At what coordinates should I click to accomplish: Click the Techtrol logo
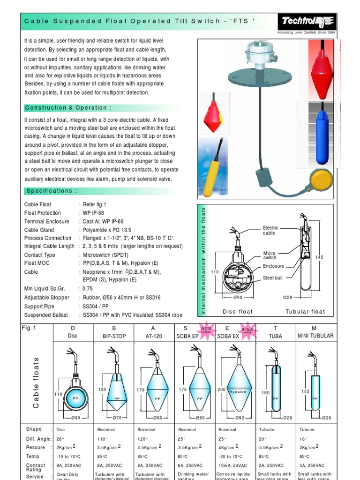[x=307, y=22]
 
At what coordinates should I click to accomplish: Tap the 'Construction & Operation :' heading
[x=68, y=108]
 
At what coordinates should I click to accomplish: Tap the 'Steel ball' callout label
[x=273, y=278]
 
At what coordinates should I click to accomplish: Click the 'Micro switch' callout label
[x=270, y=255]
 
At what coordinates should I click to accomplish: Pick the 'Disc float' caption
[x=237, y=312]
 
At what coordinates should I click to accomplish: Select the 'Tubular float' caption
[x=305, y=312]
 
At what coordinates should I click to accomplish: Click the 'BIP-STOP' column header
[x=114, y=336]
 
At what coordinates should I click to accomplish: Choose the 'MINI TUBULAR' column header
[x=315, y=336]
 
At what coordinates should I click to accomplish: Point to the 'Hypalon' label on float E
[x=238, y=392]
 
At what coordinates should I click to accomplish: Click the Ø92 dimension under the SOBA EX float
[x=238, y=418]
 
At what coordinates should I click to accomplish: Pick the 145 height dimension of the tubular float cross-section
[x=320, y=257]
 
